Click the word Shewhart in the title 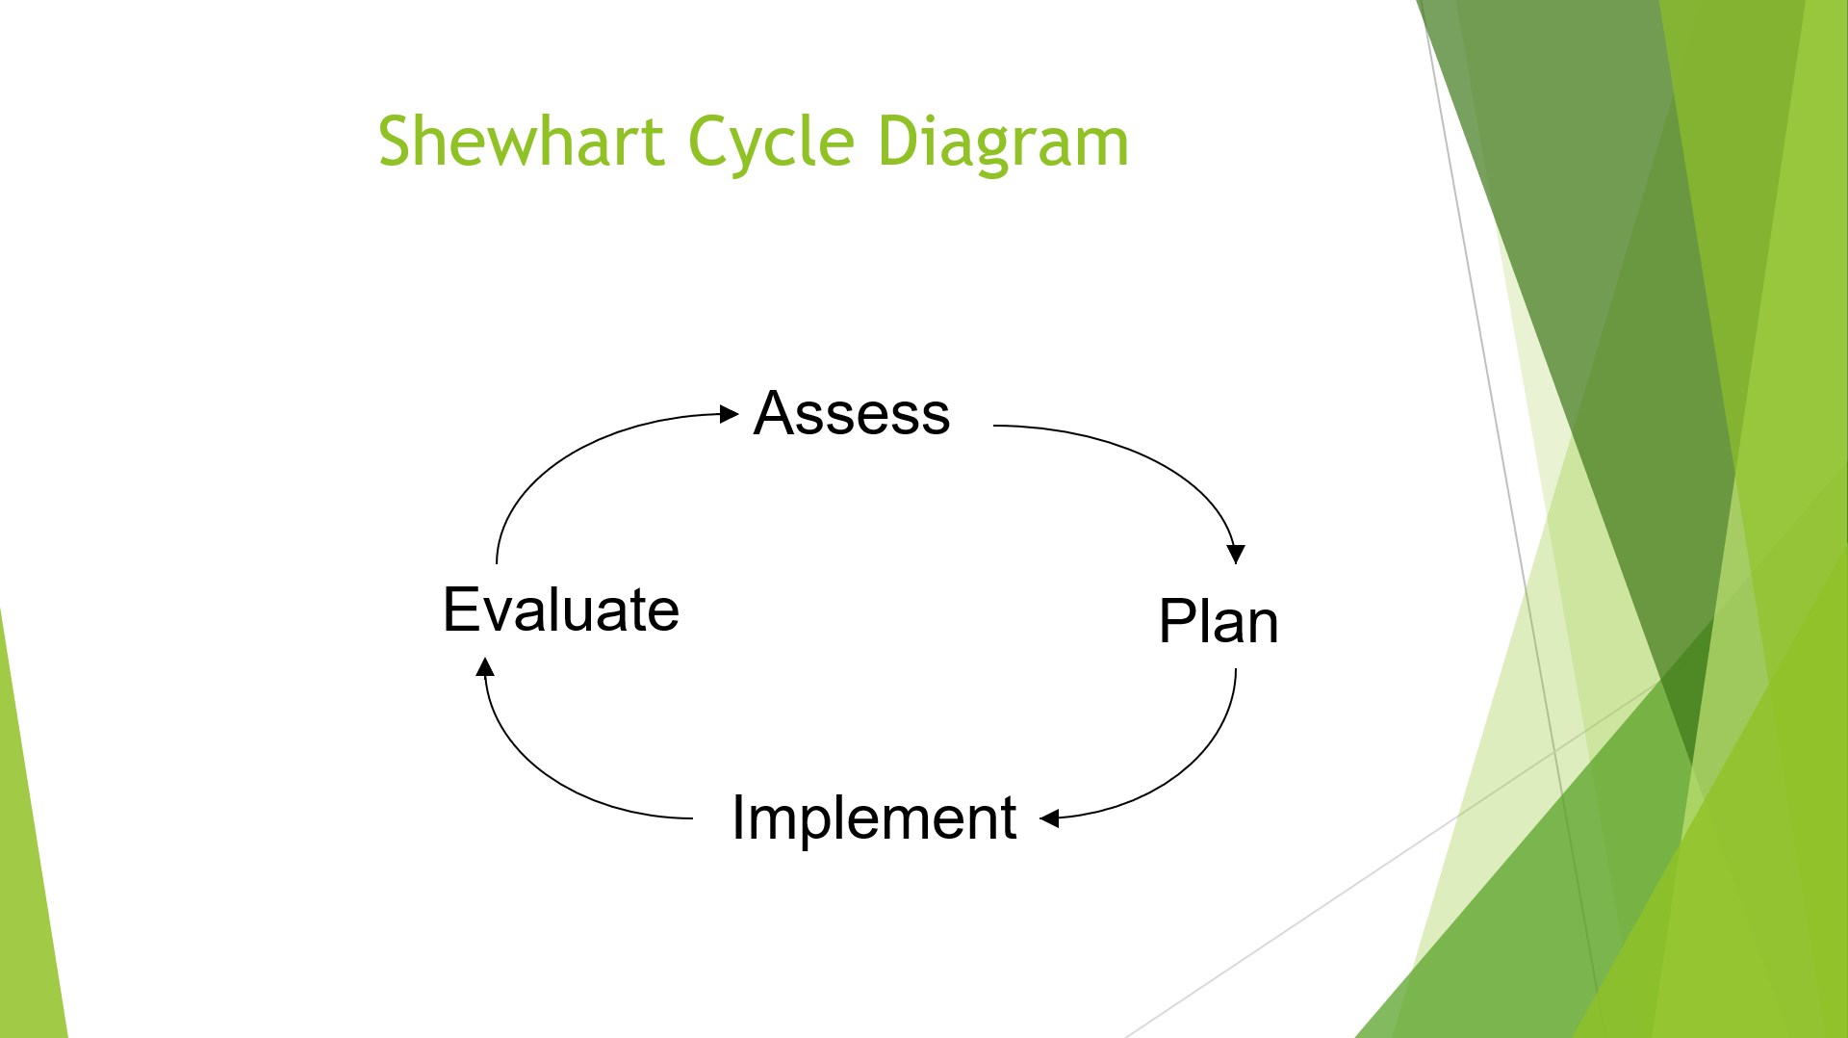coord(521,142)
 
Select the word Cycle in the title coord(771,142)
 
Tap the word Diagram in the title coord(1003,142)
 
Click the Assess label coord(852,414)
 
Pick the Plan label coord(1219,622)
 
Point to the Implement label coord(874,818)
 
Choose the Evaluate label coord(561,610)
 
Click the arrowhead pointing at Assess coord(730,414)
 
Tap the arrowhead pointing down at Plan coord(1236,554)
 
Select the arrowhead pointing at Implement coord(1050,818)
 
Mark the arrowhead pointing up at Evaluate coord(486,667)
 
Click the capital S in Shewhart coord(395,142)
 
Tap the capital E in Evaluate coord(460,610)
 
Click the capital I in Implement coord(737,818)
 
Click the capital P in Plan coord(1176,622)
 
